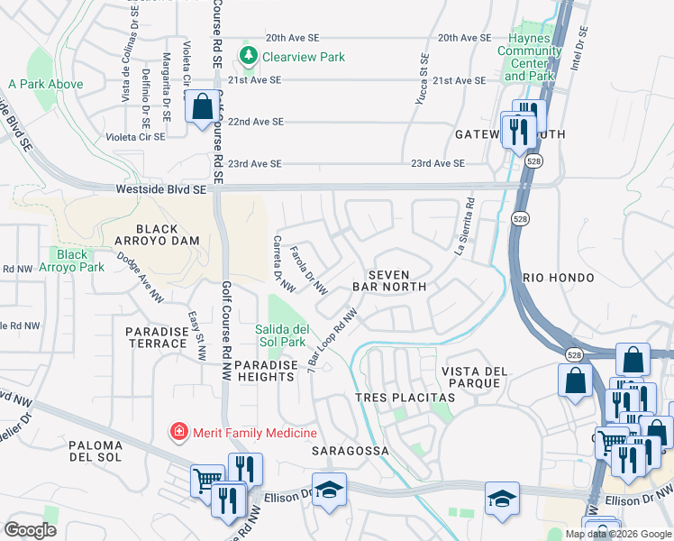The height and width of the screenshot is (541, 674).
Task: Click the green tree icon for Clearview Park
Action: point(247,57)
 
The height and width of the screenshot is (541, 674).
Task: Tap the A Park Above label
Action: point(45,84)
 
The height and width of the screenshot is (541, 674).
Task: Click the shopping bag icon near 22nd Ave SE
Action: point(201,105)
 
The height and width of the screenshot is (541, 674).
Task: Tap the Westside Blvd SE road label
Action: point(160,190)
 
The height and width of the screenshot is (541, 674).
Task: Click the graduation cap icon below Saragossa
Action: point(330,489)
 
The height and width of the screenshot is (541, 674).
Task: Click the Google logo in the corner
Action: point(29,530)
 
